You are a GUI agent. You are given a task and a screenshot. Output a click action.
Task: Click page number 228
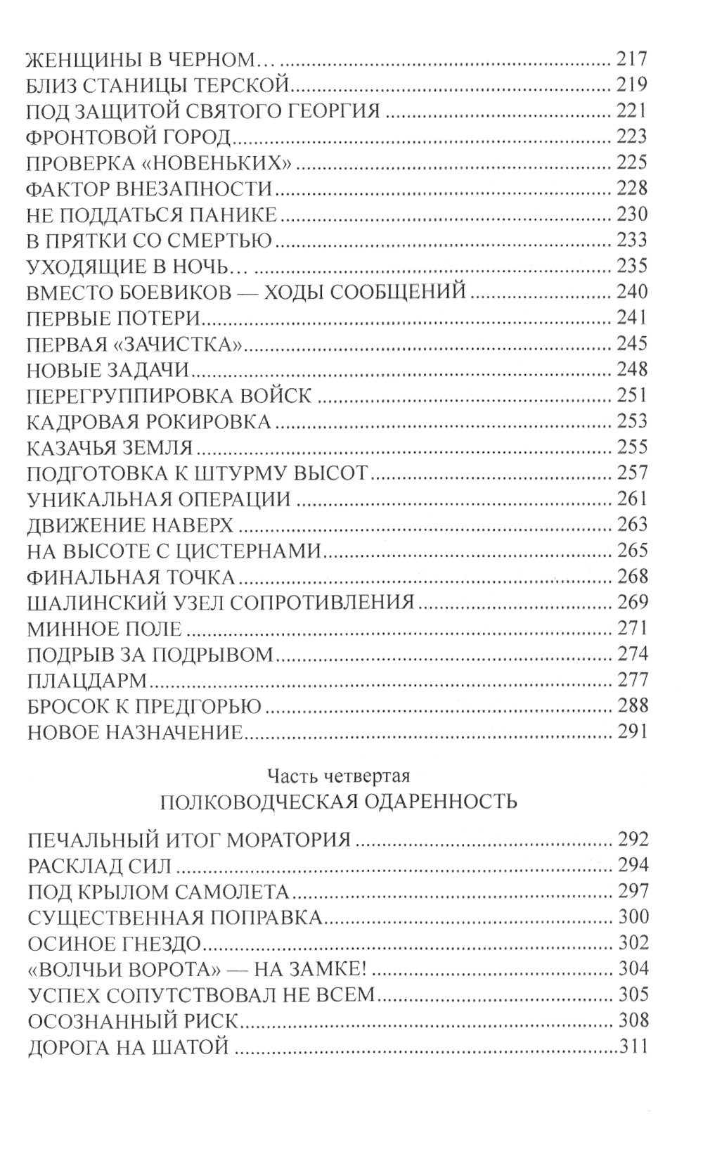631,188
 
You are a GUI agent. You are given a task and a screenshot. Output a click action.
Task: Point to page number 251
631,395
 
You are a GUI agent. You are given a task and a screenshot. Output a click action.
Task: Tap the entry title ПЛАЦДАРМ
86,680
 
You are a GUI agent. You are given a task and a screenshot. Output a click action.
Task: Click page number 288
631,706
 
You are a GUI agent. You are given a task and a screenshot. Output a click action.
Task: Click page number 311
633,1047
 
